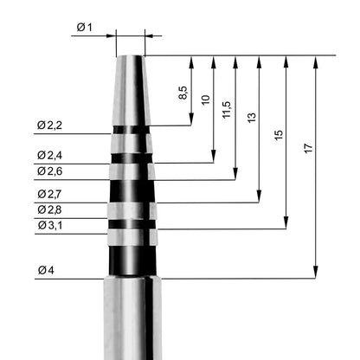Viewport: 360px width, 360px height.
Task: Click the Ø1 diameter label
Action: pyautogui.click(x=84, y=28)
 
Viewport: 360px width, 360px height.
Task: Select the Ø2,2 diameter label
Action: pyautogui.click(x=49, y=125)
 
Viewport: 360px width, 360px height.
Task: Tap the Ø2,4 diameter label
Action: pyautogui.click(x=49, y=156)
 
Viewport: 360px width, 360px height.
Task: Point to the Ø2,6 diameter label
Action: pyautogui.click(x=49, y=171)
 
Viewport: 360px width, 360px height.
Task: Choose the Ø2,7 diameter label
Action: pyautogui.click(x=49, y=195)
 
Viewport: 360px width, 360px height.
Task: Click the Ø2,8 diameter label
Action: pyautogui.click(x=49, y=209)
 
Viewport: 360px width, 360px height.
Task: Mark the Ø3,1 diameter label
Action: pyautogui.click(x=50, y=225)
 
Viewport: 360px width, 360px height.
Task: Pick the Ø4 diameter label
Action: pyautogui.click(x=46, y=270)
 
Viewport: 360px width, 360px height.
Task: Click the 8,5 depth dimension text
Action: pyautogui.click(x=183, y=93)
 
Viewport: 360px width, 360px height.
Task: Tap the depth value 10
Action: pyautogui.click(x=205, y=100)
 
